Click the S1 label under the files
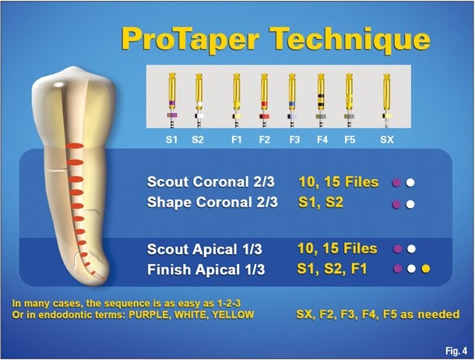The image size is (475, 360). [171, 141]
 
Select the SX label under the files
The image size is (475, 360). [386, 141]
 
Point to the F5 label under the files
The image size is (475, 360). [350, 141]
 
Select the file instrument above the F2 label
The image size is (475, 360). [264, 97]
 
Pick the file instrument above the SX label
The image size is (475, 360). [386, 97]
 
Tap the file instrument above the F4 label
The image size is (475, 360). [321, 97]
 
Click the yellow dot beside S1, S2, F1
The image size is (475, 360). [425, 270]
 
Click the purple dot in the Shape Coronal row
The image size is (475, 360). [398, 205]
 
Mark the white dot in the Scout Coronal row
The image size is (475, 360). [410, 184]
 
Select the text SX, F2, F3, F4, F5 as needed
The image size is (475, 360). [378, 315]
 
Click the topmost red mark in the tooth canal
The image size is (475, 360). [72, 146]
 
